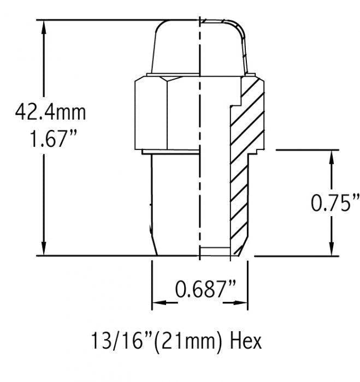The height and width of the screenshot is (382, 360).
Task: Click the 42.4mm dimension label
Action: pos(50,113)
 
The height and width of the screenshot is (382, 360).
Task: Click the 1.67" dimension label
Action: pos(50,141)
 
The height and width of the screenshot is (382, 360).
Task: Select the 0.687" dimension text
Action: pos(200,288)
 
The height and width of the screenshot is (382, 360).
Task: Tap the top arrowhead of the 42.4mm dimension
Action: pos(43,27)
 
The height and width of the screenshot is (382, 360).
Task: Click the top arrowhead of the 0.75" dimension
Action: pos(331,156)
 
